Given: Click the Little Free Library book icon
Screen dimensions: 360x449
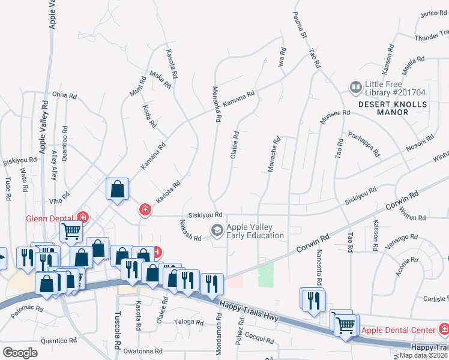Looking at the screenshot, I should pos(356,88).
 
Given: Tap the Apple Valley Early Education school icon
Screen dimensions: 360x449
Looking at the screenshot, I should pos(216,230).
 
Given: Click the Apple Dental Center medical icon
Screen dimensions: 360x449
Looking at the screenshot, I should pos(444,329).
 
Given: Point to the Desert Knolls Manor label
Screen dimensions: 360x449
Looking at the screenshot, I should pos(393,108).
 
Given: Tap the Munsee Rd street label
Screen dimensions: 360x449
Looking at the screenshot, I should pos(335,117).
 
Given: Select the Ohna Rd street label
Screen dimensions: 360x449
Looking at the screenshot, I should pos(64,95).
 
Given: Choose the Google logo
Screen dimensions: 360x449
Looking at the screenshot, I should pos(20,352).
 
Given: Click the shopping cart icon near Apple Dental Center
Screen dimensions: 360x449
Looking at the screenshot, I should pos(345,325).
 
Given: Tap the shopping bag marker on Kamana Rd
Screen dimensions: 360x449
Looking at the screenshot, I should pos(118,189).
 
